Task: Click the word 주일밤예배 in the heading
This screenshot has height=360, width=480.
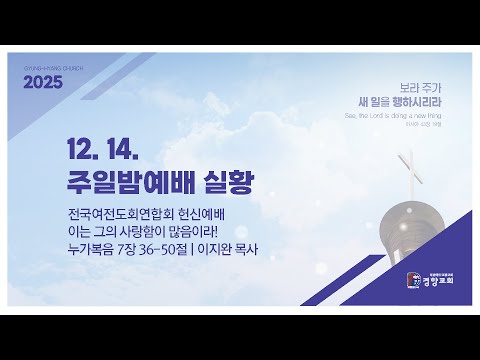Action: click(120, 183)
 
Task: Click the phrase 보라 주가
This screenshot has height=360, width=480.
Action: click(389, 87)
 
